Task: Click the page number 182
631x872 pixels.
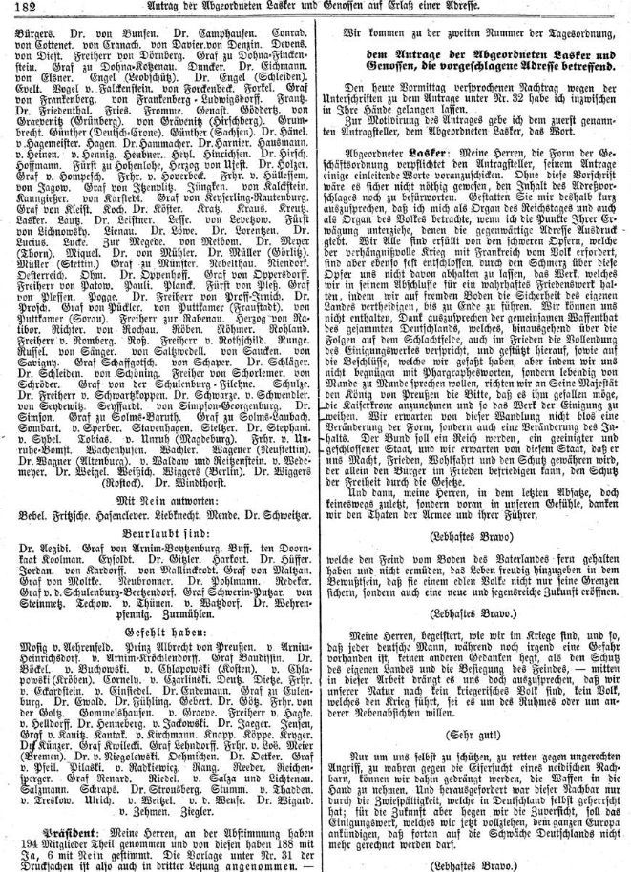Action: point(16,9)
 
